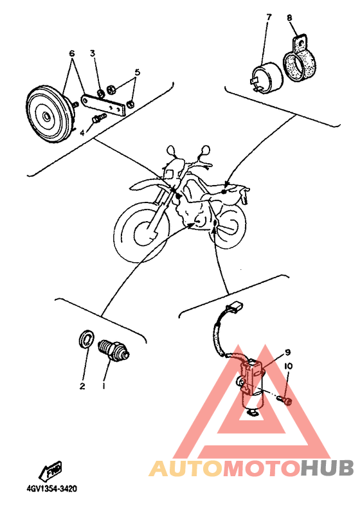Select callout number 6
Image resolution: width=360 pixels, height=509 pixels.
click(72, 53)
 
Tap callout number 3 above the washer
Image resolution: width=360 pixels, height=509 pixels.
click(93, 53)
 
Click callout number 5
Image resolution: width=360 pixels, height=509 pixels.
click(138, 72)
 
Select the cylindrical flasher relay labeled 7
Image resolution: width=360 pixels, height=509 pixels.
click(268, 78)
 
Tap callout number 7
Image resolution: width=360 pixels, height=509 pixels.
click(269, 17)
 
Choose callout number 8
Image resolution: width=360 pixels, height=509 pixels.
click(289, 17)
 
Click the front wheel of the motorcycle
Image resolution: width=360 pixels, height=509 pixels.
click(143, 232)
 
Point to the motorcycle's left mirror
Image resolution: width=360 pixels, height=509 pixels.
click(171, 150)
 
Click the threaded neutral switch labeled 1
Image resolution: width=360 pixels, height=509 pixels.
click(114, 350)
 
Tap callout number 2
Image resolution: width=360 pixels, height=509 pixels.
click(82, 386)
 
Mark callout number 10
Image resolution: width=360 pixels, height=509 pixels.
click(288, 366)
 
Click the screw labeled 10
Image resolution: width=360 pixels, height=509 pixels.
click(285, 401)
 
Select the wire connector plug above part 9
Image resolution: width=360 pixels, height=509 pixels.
click(237, 306)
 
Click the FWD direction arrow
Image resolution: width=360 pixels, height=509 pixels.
click(51, 470)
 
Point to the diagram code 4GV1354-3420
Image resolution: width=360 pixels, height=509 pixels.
click(53, 488)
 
